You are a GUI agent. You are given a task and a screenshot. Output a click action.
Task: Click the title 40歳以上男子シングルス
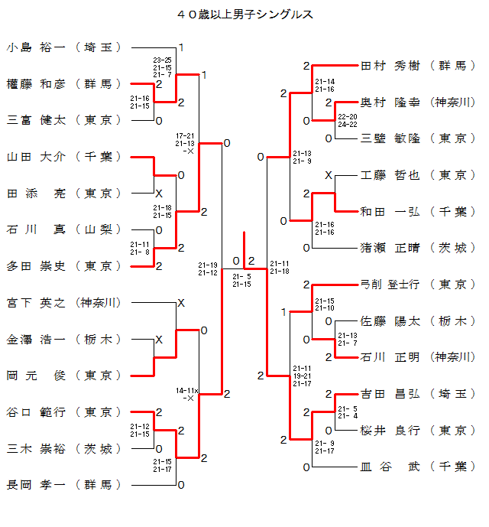pos(244,15)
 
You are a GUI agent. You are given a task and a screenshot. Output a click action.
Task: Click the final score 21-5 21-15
pos(241,280)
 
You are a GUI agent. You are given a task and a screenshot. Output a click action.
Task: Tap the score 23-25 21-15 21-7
pos(162,67)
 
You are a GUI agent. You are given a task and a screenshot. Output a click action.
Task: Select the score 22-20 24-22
pos(347,120)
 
